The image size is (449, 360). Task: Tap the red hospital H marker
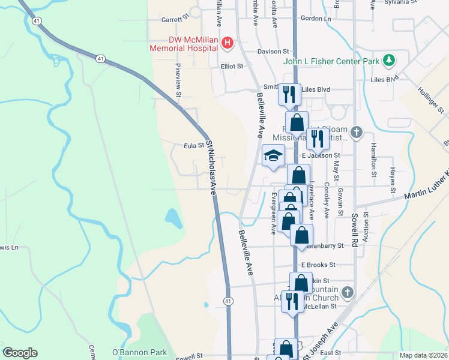pyautogui.click(x=228, y=43)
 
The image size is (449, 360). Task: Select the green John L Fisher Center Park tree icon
pyautogui.click(x=390, y=61)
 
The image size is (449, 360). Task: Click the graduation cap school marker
pyautogui.click(x=274, y=156)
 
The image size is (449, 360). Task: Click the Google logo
pyautogui.click(x=20, y=353)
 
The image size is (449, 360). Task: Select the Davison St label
pyautogui.click(x=273, y=52)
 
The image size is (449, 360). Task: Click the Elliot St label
pyautogui.click(x=232, y=66)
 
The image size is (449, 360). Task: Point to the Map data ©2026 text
pyautogui.click(x=423, y=355)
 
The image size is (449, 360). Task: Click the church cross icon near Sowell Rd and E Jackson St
pyautogui.click(x=357, y=133)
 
